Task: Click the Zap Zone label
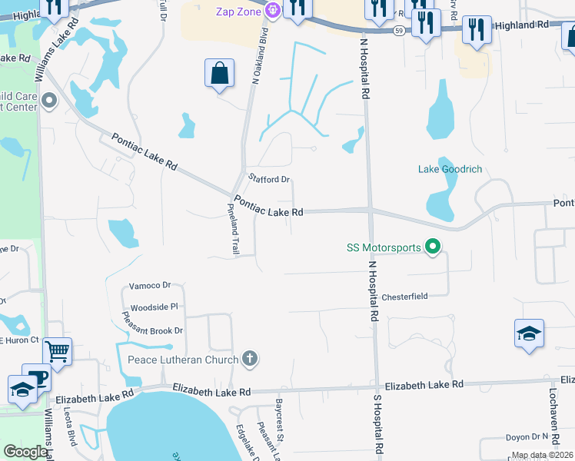(x=234, y=11)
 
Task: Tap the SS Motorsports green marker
(x=433, y=247)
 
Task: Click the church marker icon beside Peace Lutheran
(x=248, y=358)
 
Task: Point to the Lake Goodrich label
(x=450, y=169)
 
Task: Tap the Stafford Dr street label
(x=269, y=180)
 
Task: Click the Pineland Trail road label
(x=233, y=230)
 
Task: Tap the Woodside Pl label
(x=155, y=307)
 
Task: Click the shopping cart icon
(x=58, y=352)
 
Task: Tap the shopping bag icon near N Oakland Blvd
(x=219, y=73)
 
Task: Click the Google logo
(x=25, y=452)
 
